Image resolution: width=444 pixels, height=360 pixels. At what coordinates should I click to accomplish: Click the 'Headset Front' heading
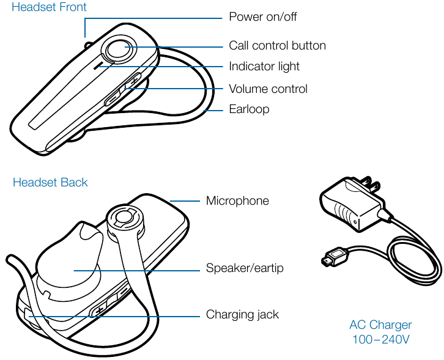coord(49,8)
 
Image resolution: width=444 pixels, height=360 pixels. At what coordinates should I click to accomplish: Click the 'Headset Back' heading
coord(50,183)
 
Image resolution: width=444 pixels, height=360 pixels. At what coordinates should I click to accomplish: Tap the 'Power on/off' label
coord(262,17)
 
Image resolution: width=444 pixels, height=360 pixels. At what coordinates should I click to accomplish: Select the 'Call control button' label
coord(277,46)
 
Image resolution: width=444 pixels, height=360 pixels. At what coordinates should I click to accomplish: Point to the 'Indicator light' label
coord(264,67)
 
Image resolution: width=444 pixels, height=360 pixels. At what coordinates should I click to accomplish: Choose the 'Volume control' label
coord(268,89)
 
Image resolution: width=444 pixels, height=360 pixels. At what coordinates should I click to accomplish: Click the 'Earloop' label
coord(249,109)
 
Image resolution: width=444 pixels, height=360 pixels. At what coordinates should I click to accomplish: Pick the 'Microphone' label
coord(237,201)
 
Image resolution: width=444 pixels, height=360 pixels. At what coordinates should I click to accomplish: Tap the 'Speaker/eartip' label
coord(245,268)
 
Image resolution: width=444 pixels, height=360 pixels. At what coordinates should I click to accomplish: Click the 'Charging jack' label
coord(242,315)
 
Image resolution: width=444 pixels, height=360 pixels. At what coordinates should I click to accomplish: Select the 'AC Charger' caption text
coord(380,325)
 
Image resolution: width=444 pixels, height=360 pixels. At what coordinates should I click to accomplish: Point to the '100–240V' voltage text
coord(380,339)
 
